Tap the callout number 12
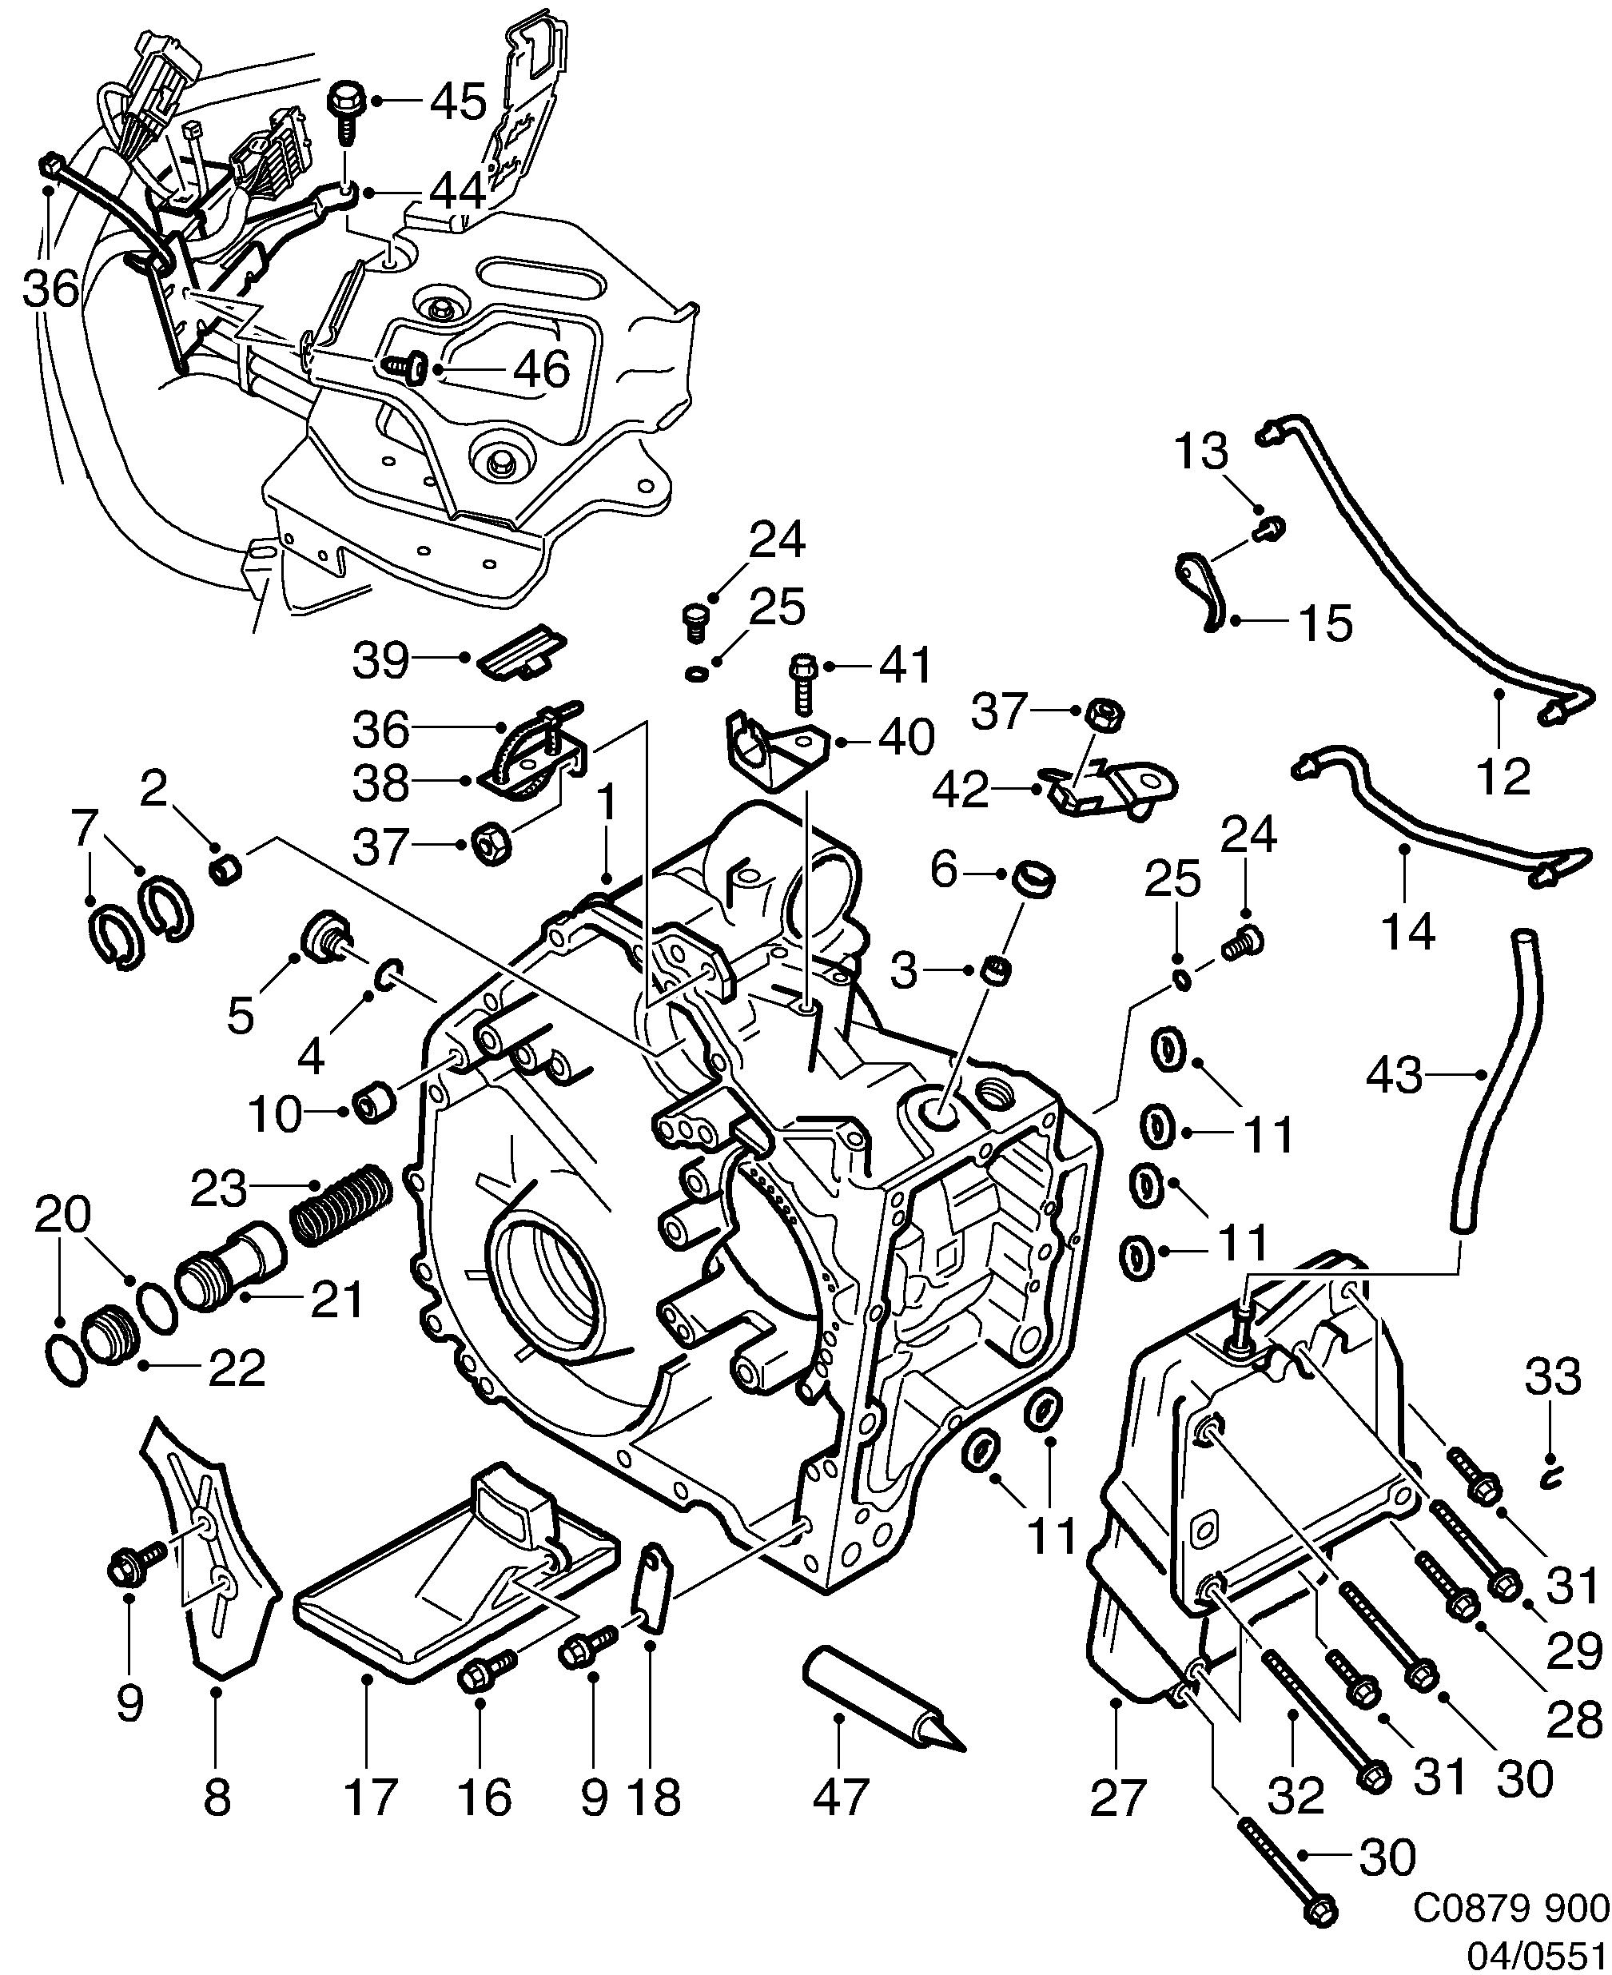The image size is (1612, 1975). click(x=1503, y=775)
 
